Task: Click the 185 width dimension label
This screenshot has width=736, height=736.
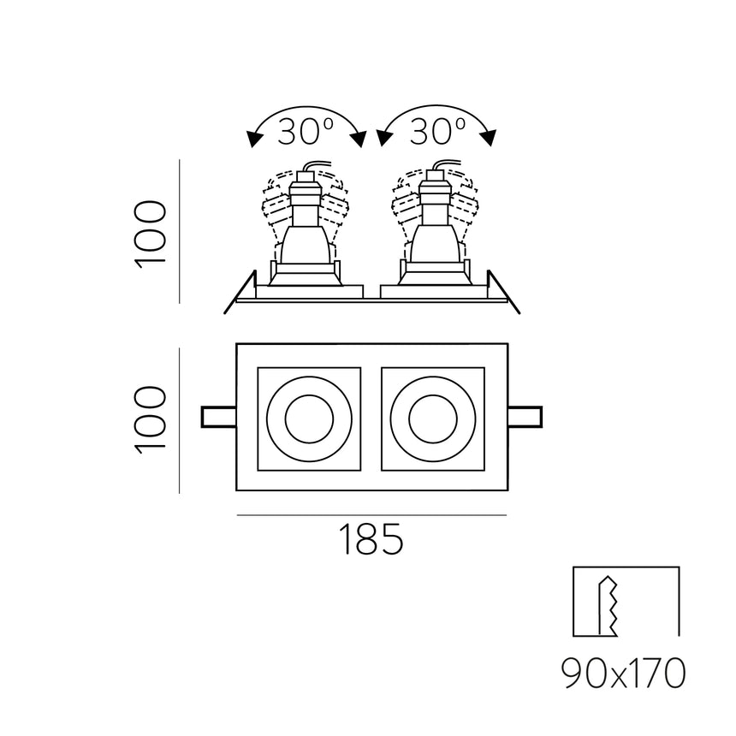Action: click(371, 540)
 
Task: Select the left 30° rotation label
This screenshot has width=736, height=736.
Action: click(306, 131)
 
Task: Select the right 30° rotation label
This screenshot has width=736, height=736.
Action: click(437, 131)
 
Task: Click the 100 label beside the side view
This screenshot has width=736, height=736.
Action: click(151, 233)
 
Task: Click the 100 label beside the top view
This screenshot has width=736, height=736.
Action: click(151, 419)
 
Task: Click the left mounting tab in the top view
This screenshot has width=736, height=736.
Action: click(218, 417)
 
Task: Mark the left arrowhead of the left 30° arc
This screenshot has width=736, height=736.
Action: click(253, 139)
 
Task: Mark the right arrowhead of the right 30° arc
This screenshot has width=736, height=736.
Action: click(490, 137)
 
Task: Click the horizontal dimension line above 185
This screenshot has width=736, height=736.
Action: click(371, 515)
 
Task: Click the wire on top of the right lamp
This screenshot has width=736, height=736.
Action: click(446, 164)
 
